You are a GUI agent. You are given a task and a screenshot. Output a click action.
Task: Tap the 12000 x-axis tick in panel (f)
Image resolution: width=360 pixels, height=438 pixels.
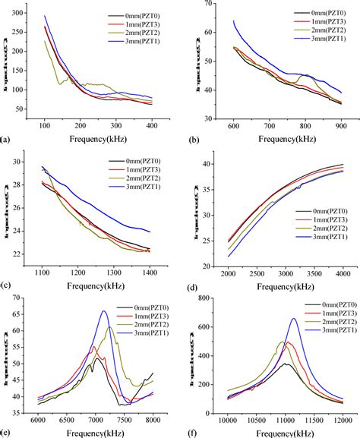coord(343,417)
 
